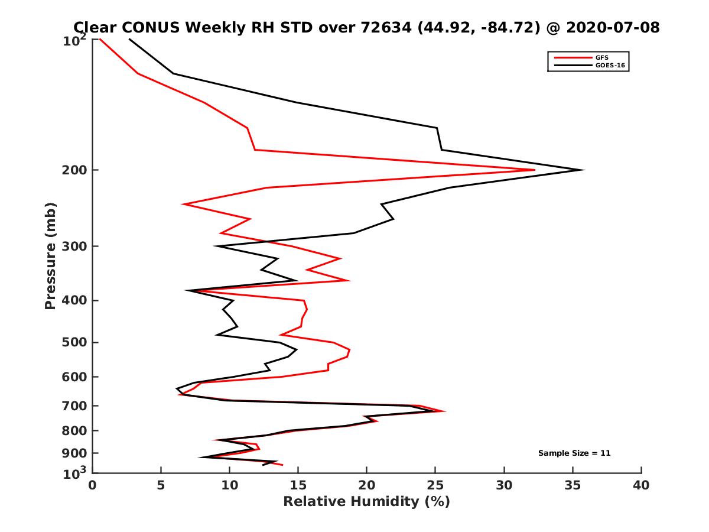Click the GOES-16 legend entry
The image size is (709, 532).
[x=609, y=66]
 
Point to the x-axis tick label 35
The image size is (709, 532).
[x=573, y=485]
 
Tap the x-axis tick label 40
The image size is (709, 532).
[x=641, y=485]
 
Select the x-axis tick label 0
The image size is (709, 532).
[x=92, y=485]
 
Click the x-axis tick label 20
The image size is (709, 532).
[x=366, y=485]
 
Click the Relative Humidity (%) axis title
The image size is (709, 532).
[x=366, y=502]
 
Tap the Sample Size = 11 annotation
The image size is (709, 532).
[x=574, y=453]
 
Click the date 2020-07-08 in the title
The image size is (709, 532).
[x=611, y=27]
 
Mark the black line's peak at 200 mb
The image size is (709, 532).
[x=584, y=170]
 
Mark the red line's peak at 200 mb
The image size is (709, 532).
[x=535, y=170]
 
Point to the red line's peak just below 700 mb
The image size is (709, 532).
[x=444, y=411]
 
